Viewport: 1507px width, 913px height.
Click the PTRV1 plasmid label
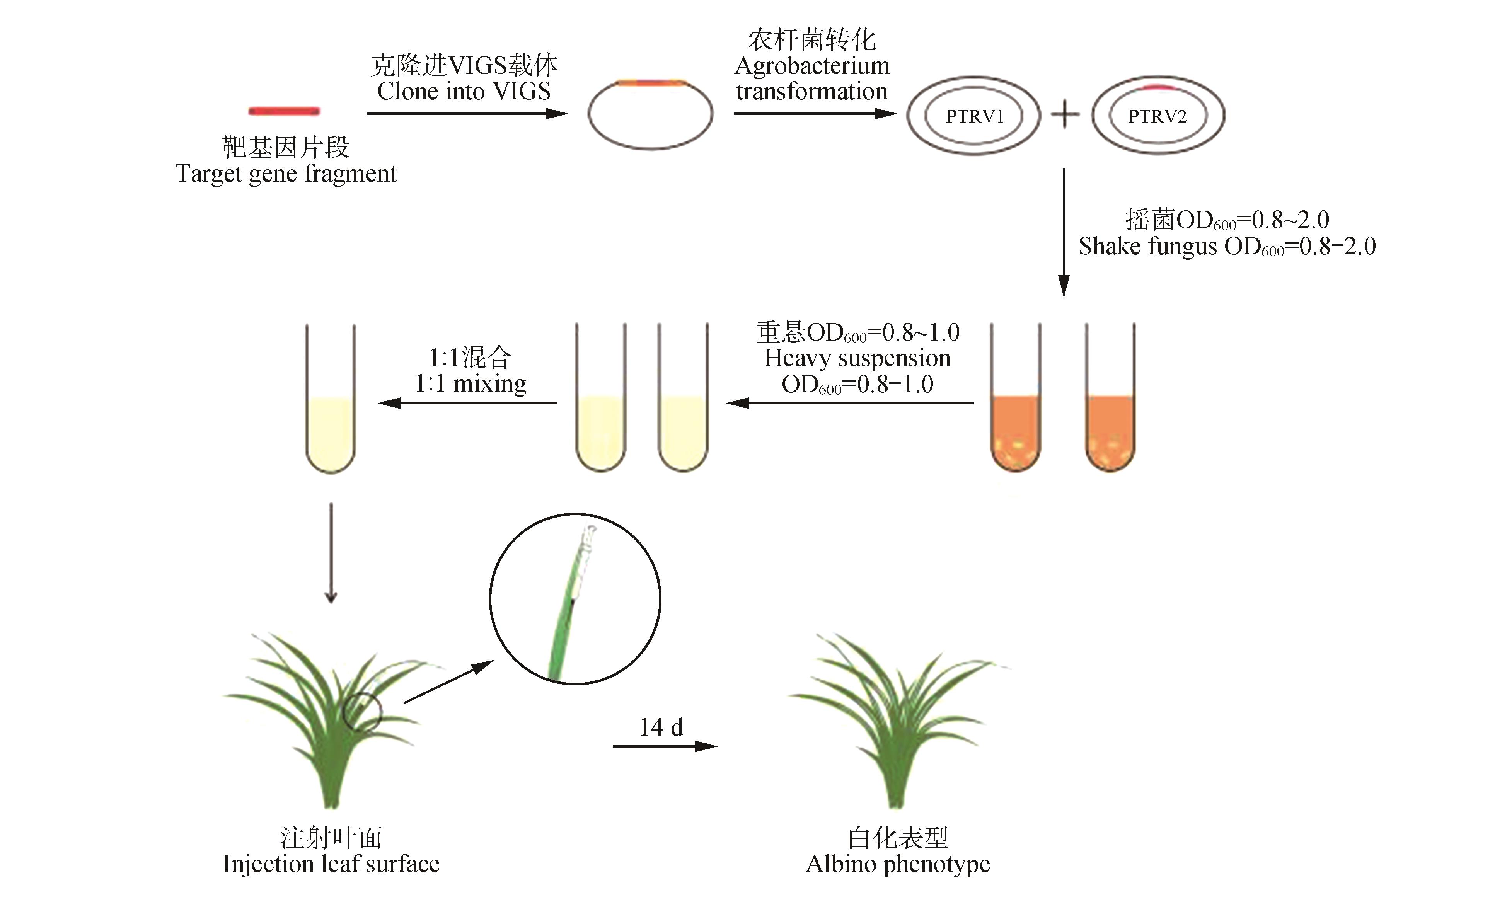tap(974, 116)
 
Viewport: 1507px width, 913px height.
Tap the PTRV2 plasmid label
tap(1157, 116)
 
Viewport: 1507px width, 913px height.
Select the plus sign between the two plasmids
tap(1065, 115)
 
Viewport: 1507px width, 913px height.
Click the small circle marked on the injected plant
tap(362, 712)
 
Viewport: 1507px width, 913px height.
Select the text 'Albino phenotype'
tap(897, 864)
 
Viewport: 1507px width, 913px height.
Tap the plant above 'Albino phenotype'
tap(896, 722)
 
